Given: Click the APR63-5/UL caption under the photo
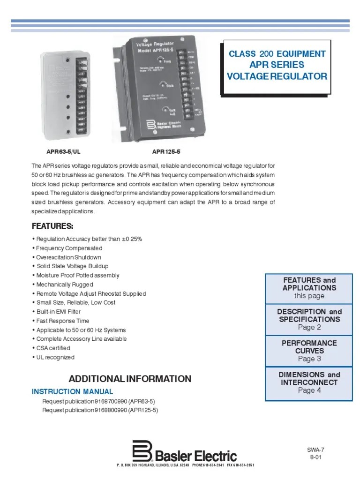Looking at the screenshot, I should (x=60, y=152).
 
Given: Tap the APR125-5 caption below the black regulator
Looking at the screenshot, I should (x=166, y=152).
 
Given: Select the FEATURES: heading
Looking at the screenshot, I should (x=52, y=226).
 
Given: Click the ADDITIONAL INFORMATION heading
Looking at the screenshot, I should (x=130, y=379).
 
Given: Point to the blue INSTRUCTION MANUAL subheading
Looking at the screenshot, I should (x=72, y=391).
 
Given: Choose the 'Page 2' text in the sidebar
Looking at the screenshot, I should (x=309, y=327).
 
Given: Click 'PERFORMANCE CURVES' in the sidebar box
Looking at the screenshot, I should (x=309, y=347).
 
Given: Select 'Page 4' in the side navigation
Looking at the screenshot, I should (x=309, y=390).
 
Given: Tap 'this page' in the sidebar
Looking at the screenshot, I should (x=309, y=296).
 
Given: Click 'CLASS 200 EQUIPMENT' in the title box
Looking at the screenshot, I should (x=277, y=54).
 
